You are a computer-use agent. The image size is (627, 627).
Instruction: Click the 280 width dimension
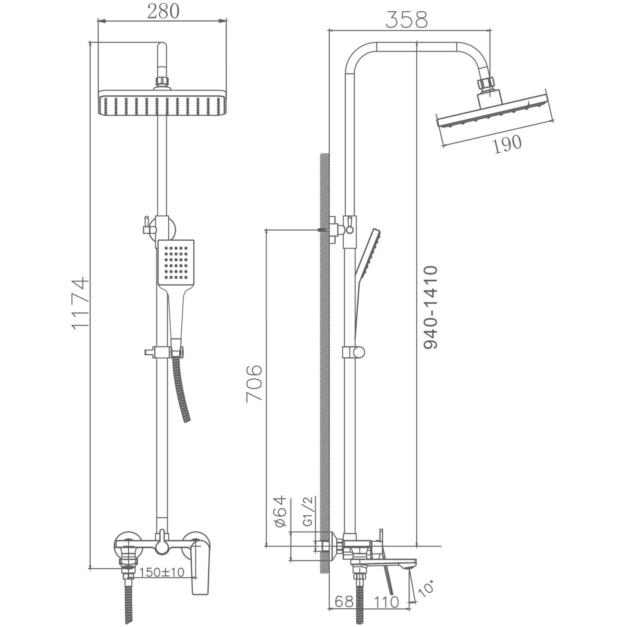coord(163,11)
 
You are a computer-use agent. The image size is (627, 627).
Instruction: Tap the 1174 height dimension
coord(80,303)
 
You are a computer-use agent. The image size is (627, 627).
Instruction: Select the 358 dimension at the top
coord(406,20)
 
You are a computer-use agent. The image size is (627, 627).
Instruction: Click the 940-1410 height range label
coord(431,307)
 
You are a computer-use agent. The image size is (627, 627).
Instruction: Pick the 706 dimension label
coord(254,383)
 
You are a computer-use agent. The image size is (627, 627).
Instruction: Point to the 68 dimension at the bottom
coord(344,602)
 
